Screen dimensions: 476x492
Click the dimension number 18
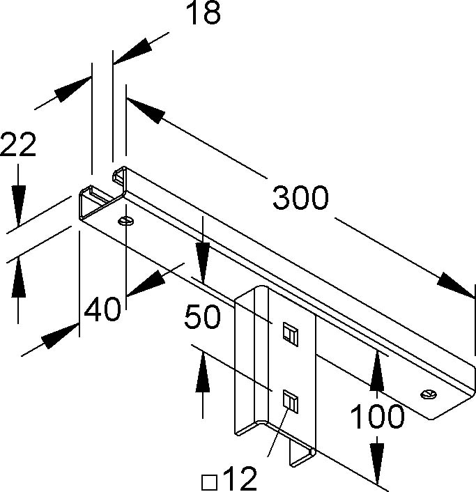(204, 13)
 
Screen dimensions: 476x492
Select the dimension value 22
(18, 144)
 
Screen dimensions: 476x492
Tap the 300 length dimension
(300, 198)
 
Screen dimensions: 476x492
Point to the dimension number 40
(102, 309)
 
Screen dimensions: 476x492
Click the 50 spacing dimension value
(202, 317)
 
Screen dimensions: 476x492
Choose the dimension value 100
(377, 416)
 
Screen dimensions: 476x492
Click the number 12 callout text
(240, 479)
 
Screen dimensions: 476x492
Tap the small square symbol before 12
(210, 482)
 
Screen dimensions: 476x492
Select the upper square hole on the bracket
(291, 335)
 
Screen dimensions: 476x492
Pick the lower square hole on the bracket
(291, 401)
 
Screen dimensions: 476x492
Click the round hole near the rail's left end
(126, 221)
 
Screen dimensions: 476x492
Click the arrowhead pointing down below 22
(18, 205)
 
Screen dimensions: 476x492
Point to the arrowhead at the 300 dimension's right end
(456, 285)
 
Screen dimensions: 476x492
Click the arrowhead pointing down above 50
(203, 262)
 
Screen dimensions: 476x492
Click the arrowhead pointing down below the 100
(376, 462)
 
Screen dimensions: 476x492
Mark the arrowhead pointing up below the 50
(203, 372)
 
